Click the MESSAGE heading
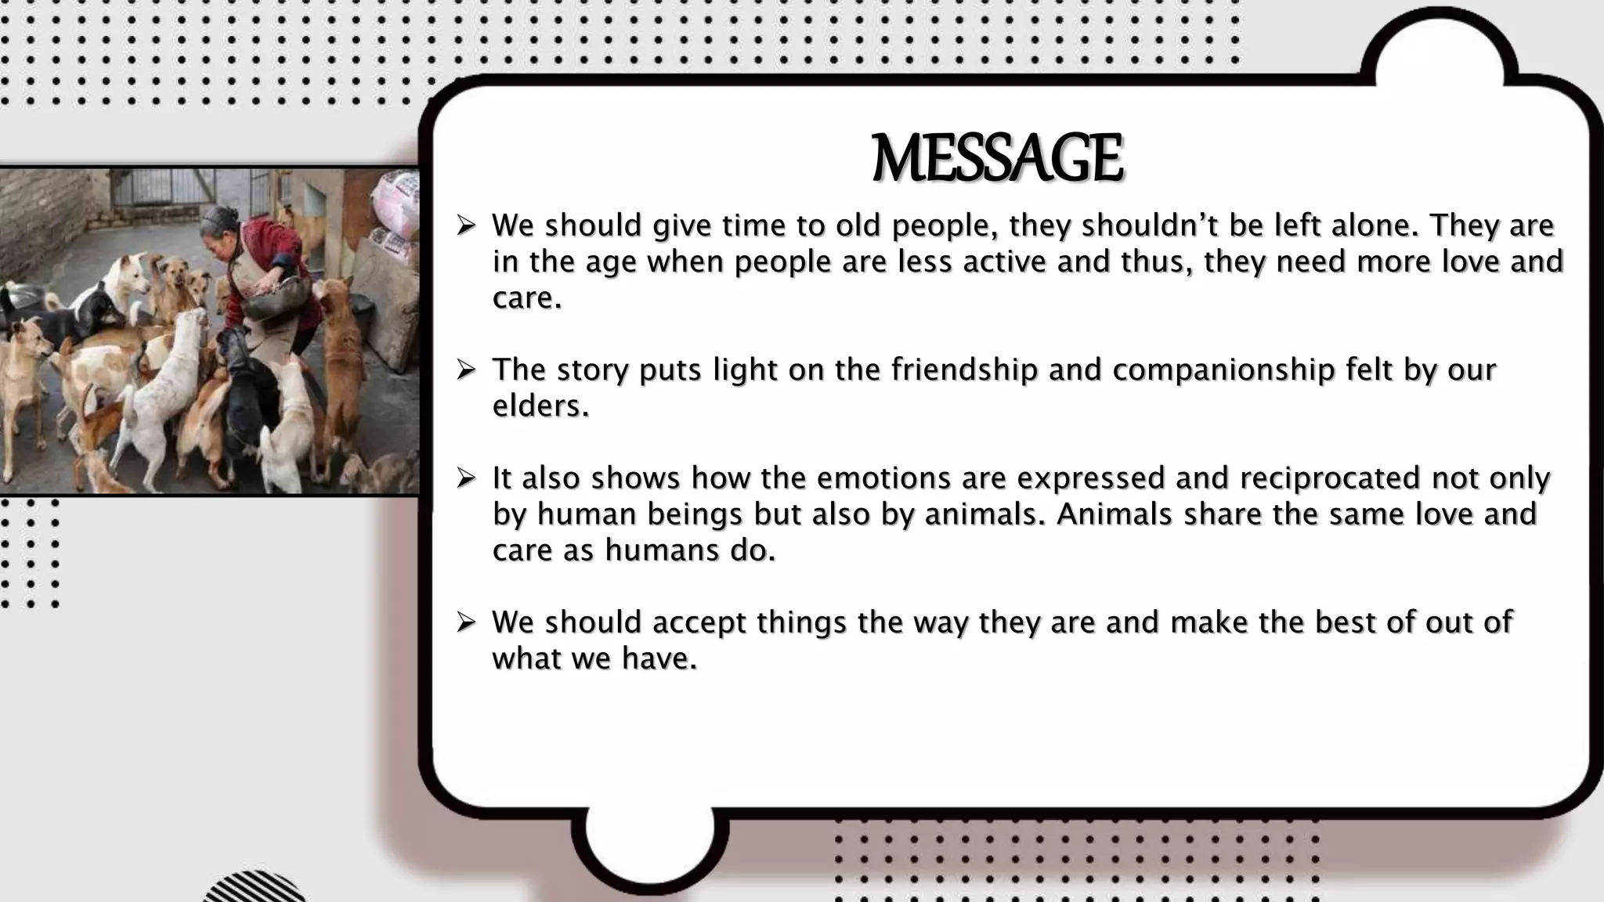[997, 159]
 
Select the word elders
[540, 406]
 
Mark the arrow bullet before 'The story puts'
[467, 369]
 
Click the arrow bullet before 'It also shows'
[467, 477]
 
